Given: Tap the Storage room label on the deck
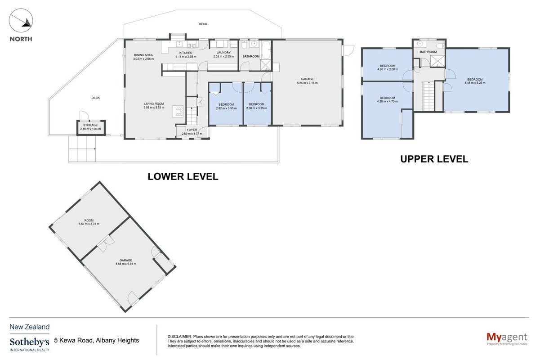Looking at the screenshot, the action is click(90, 125).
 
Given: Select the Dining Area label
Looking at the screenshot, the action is click(143, 55).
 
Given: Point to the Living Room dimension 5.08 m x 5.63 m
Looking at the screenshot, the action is click(154, 108).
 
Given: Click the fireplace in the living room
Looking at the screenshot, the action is click(178, 112).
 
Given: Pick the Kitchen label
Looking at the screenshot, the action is click(186, 53).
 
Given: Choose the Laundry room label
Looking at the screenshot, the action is click(223, 53).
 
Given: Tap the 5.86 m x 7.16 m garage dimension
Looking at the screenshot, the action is click(307, 83).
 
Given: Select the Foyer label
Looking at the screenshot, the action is click(192, 130).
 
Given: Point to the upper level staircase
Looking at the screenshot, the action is click(429, 96).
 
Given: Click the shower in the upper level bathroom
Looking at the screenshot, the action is click(437, 61).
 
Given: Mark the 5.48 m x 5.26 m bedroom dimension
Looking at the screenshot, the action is click(475, 83).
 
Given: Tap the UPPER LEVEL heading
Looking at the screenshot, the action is click(434, 159).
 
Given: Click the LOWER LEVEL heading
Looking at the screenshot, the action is click(183, 176).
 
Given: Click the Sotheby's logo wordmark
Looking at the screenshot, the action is click(29, 342).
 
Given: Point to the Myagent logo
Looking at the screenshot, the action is click(507, 339).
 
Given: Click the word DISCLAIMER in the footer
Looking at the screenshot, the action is click(179, 337).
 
